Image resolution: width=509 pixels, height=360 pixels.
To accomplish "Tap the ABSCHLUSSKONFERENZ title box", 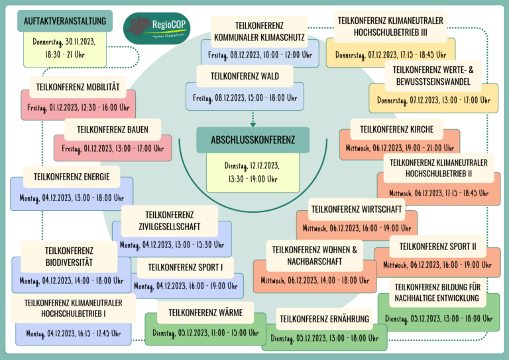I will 253,140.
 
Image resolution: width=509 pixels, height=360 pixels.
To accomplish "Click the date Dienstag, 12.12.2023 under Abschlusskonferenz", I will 253,166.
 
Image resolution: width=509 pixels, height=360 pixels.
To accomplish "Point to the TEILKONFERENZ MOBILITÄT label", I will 78,87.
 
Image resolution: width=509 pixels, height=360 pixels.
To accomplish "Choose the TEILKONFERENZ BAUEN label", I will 112,129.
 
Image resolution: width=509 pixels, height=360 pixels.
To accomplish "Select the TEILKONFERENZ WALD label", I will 245,76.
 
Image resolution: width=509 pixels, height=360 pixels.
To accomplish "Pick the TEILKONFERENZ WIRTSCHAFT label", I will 356,210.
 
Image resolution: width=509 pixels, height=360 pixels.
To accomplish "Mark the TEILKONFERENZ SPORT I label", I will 186,267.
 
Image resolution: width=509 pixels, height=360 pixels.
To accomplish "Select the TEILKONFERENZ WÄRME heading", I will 205,312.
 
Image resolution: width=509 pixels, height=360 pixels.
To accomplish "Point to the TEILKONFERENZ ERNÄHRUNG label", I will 324,319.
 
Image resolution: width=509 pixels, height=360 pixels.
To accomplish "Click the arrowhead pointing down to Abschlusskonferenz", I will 253,123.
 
